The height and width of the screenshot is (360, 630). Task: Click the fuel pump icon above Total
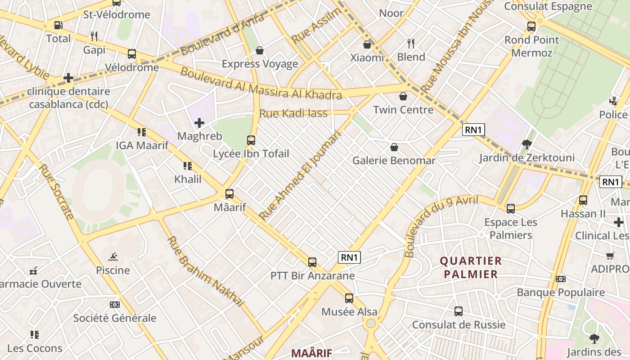pos(58,25)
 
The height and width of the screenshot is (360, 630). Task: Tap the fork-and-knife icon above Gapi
pos(94,36)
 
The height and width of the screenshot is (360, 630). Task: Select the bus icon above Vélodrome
pos(132,54)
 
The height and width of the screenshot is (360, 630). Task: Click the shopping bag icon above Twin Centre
pos(403,96)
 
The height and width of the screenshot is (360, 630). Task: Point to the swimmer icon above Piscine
pos(113,257)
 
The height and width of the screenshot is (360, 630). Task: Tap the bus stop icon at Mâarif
pos(229,194)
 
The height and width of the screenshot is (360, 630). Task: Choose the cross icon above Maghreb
pos(199,122)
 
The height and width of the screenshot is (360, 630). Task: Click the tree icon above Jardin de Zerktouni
pos(526,144)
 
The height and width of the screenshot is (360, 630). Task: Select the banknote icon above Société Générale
pos(115,305)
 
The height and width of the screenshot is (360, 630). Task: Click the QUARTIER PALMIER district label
pos(471,267)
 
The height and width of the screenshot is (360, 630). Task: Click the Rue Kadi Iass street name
pos(293,113)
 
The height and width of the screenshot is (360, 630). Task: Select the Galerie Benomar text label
pos(394,161)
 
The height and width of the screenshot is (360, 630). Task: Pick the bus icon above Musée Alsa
pos(349,298)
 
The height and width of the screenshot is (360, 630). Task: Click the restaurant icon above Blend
pos(410,43)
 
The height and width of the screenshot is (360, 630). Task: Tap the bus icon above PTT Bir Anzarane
pos(312,262)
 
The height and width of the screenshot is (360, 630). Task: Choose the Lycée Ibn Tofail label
pos(251,154)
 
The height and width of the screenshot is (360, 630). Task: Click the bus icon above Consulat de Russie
pos(459,311)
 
